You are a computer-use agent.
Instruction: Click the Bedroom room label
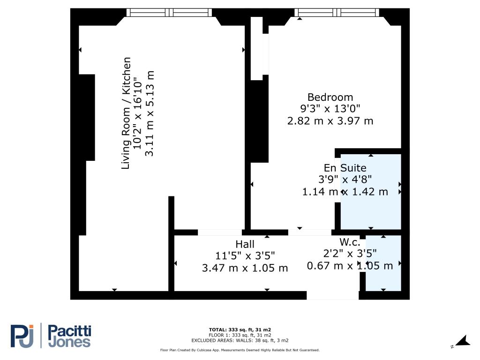click(x=330, y=97)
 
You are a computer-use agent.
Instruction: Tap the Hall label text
click(x=245, y=244)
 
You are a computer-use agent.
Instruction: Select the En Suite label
click(x=345, y=168)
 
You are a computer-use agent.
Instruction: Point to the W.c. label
click(x=350, y=242)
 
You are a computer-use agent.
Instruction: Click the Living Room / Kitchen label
click(x=126, y=113)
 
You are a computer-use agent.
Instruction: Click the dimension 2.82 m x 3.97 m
click(x=330, y=121)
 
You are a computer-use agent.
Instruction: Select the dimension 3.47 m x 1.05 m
click(x=245, y=268)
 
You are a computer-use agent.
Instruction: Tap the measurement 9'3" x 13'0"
click(x=330, y=109)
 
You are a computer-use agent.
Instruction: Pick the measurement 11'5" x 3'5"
click(x=245, y=255)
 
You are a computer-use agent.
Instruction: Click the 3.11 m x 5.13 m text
click(x=149, y=113)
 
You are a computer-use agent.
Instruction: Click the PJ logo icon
click(x=22, y=336)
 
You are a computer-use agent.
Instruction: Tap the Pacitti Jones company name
click(x=70, y=336)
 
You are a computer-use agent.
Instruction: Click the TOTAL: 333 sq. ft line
click(x=240, y=330)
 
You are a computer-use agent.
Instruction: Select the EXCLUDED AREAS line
click(x=240, y=340)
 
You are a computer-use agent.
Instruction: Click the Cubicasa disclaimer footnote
click(x=240, y=350)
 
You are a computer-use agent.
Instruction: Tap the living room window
click(x=169, y=13)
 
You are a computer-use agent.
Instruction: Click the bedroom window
click(x=337, y=13)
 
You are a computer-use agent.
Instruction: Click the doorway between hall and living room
click(x=220, y=232)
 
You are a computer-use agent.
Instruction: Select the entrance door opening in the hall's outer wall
click(x=333, y=295)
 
